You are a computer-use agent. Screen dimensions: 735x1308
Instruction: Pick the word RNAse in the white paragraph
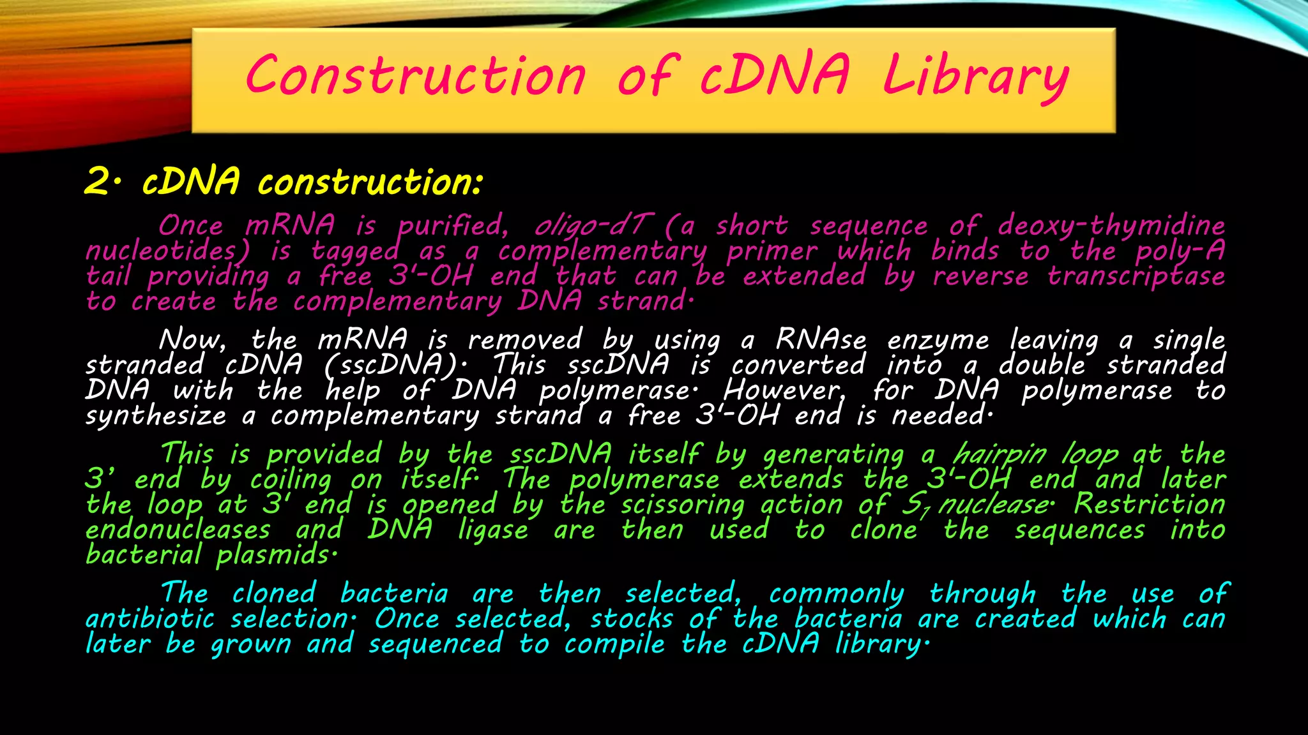click(x=821, y=340)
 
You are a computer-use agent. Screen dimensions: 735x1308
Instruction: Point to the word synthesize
click(x=156, y=416)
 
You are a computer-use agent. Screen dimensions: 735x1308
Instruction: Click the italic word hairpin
click(x=1000, y=455)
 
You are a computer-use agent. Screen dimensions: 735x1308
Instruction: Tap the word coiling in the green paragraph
click(x=291, y=480)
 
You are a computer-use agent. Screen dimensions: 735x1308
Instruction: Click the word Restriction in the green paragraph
click(x=1149, y=505)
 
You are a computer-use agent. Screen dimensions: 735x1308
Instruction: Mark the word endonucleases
click(x=178, y=530)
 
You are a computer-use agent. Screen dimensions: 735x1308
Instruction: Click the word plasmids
click(x=275, y=555)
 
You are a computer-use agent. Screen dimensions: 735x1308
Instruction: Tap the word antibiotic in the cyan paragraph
click(x=150, y=619)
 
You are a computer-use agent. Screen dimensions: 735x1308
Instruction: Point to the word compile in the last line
click(x=614, y=644)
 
